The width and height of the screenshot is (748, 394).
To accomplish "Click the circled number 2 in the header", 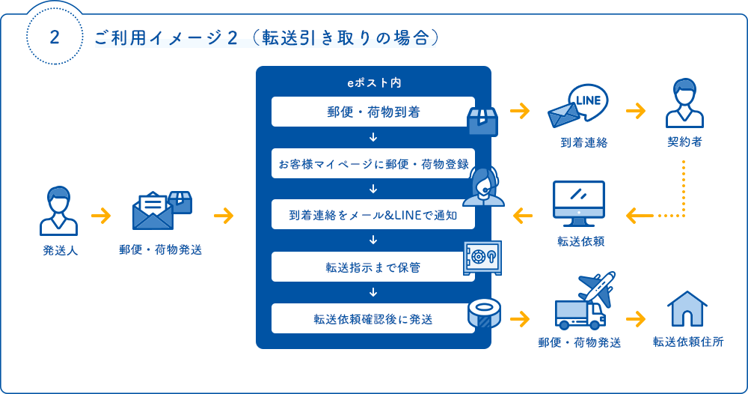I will click(x=54, y=39).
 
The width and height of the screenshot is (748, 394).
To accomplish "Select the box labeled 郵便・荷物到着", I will click(x=373, y=112).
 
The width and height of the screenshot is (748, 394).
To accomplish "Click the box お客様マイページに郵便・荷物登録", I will click(x=373, y=163).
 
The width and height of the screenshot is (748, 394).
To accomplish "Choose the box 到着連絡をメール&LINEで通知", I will click(x=373, y=215).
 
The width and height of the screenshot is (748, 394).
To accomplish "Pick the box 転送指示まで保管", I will click(x=373, y=267).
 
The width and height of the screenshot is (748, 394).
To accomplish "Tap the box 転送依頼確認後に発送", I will click(x=373, y=318).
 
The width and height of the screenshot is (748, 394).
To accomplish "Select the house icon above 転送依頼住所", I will click(x=687, y=309).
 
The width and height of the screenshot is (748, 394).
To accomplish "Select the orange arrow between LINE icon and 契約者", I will click(x=636, y=111).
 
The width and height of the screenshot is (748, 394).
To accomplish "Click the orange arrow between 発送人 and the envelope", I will click(x=100, y=216).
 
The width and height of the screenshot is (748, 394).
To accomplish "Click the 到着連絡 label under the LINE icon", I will click(x=584, y=142).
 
